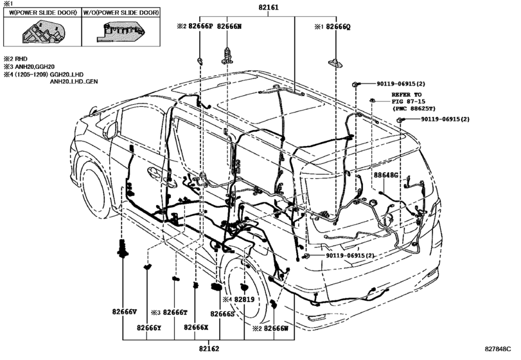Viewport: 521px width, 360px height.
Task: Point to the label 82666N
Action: (229, 27)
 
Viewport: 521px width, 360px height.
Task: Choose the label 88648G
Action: (387, 175)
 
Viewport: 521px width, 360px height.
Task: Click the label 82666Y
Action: (148, 327)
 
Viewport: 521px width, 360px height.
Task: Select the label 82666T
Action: (175, 312)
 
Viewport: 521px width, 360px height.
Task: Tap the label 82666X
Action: (196, 327)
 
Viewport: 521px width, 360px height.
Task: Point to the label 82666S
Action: (219, 312)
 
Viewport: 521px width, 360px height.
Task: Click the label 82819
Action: (245, 300)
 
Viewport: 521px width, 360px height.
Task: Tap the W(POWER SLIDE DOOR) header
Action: (42, 12)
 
